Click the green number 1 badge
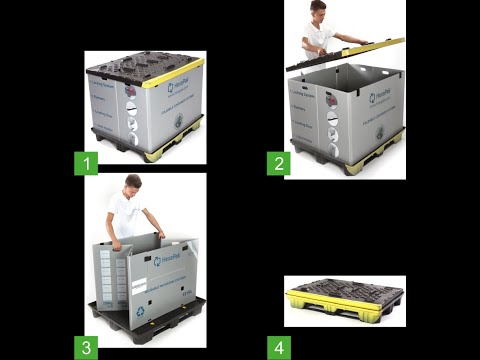(86, 161)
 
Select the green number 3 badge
(86, 346)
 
